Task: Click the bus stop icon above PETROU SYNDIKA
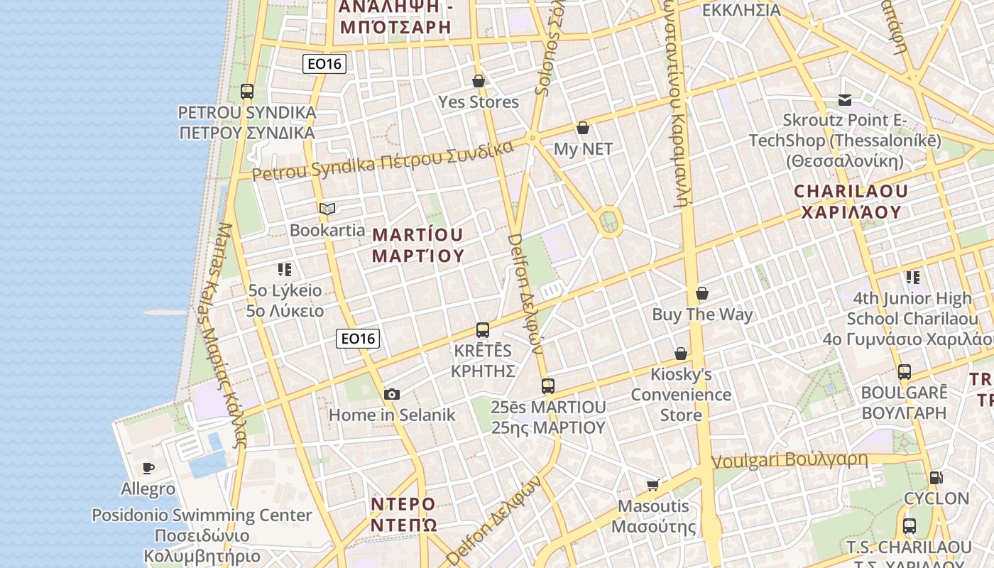(247, 91)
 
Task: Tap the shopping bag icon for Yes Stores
(479, 81)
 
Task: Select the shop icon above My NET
(583, 128)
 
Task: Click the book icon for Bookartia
(327, 209)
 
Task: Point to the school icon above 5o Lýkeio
(285, 269)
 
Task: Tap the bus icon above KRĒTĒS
(483, 329)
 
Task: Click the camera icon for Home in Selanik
(391, 394)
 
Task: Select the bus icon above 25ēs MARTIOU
(547, 386)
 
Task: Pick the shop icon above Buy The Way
(702, 293)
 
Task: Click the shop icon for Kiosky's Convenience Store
(681, 353)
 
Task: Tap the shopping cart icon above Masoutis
(653, 485)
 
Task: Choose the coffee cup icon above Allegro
(148, 468)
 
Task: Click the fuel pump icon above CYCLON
(936, 478)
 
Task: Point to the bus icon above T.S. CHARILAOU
(910, 526)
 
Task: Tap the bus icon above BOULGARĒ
(905, 371)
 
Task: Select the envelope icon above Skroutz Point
(845, 100)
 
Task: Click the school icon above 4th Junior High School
(912, 277)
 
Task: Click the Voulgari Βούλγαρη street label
(789, 460)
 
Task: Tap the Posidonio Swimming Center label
(202, 515)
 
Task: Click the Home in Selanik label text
(391, 415)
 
